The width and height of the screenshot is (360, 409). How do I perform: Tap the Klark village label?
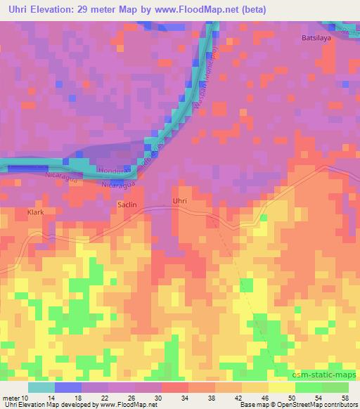(35, 210)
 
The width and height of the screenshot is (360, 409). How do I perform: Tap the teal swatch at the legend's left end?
(41, 387)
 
